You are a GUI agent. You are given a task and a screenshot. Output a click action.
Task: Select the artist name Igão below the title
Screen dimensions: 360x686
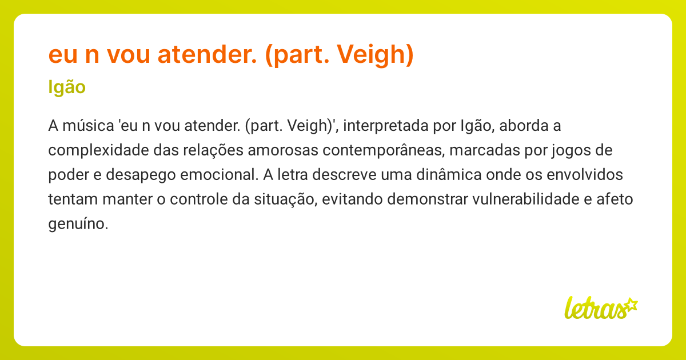tap(67, 87)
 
